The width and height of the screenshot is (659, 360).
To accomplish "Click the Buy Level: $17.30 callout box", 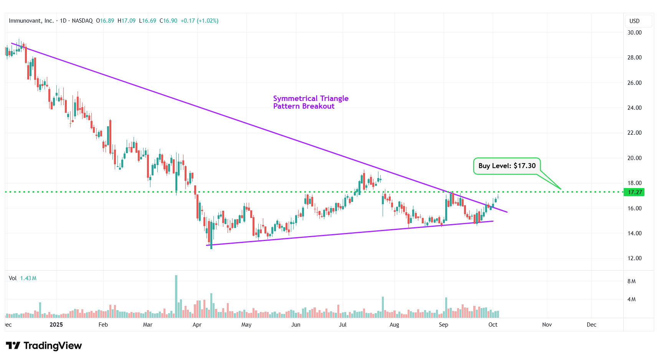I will click(507, 166).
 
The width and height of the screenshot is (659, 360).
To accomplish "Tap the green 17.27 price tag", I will click(634, 192).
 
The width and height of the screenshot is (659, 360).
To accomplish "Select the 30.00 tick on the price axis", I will click(634, 33).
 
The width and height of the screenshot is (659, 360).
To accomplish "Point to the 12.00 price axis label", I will click(634, 258).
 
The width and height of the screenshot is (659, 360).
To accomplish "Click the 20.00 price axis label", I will click(634, 158).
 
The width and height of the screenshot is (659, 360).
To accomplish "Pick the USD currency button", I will click(634, 21).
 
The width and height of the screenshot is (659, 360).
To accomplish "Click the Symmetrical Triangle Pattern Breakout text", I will click(311, 102).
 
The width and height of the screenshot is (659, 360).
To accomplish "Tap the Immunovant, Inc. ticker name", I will click(31, 21).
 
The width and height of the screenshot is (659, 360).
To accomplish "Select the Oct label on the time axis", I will click(493, 325).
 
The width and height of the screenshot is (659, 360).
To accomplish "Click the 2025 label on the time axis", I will click(56, 325).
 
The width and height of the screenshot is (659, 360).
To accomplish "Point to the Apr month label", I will click(197, 325).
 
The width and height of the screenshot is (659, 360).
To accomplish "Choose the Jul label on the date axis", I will click(343, 325).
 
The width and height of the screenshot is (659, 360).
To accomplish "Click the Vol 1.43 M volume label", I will click(23, 278).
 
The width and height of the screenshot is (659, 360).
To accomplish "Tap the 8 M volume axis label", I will click(631, 281).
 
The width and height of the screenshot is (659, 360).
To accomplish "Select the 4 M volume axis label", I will click(631, 299).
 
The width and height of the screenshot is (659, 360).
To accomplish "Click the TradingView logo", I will click(44, 346).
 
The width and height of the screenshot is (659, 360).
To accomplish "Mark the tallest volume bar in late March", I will click(176, 296).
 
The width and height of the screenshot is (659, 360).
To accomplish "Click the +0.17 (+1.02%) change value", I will click(199, 21).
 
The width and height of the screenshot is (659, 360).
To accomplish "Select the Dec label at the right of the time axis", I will click(591, 325).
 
